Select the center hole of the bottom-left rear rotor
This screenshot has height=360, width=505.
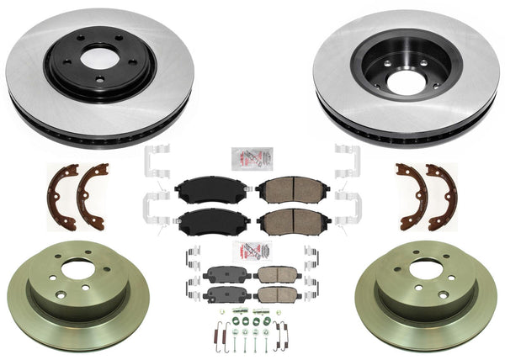pos(77,270)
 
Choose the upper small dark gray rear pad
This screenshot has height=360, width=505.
pos(221,274)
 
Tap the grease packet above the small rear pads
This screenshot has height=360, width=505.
pos(251,251)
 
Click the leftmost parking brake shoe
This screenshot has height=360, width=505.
pos(61,196)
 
